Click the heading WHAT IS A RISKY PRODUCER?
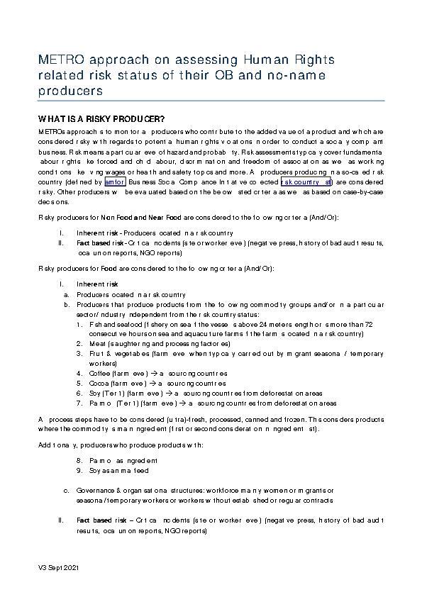[x=101, y=118]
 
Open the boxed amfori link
[x=114, y=182]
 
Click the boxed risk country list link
[x=306, y=182]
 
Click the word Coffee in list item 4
[x=99, y=372]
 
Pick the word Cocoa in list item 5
[x=99, y=382]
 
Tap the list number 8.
[x=79, y=459]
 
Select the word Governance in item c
[x=96, y=489]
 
